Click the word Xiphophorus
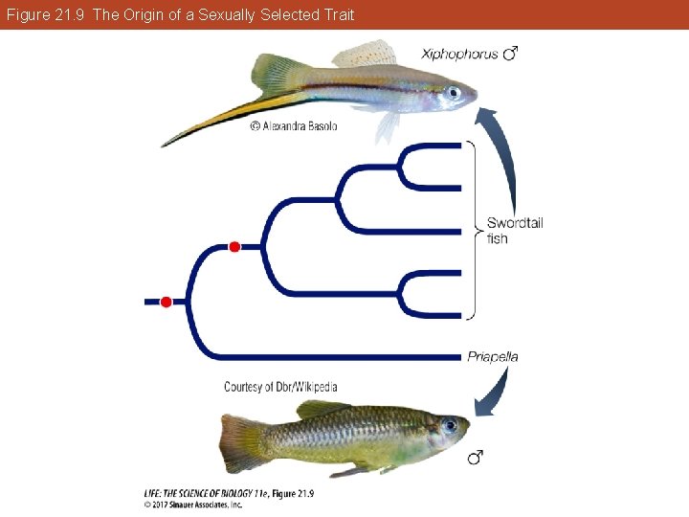click(459, 54)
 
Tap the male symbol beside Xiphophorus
click(511, 54)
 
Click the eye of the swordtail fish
click(453, 93)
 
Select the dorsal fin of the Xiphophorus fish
click(364, 54)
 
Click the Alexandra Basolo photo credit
click(294, 125)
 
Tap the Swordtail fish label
click(514, 231)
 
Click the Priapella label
click(493, 357)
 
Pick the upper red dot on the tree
click(234, 247)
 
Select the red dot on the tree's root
click(166, 302)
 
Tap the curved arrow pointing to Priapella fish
click(495, 393)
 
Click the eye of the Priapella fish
click(450, 425)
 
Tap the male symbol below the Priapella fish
click(475, 460)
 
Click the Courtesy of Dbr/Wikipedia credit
click(280, 387)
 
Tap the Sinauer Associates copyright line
click(193, 505)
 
